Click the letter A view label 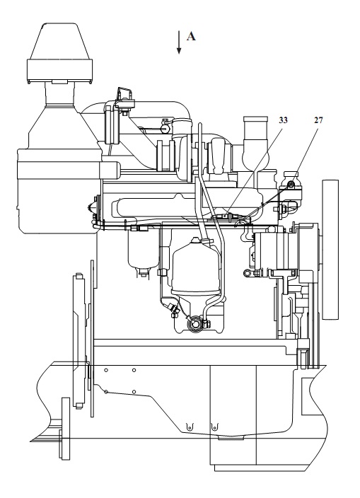191,36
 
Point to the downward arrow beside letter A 179,42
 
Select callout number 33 283,120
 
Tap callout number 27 318,120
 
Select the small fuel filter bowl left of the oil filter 143,251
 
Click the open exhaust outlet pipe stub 255,127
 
